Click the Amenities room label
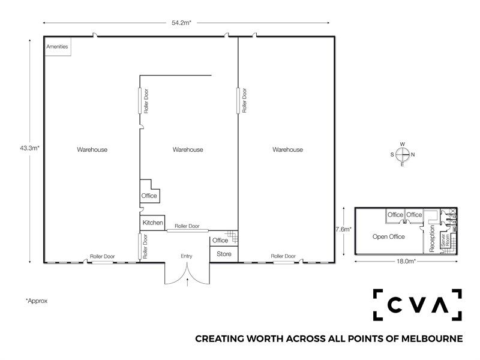coord(57,47)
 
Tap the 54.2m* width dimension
coord(181,23)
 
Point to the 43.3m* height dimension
coord(29,148)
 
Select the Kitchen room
coord(153,223)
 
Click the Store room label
coord(224,254)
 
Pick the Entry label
coord(187,256)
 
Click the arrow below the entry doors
coord(187,282)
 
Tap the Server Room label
coord(445,241)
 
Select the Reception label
coord(432,239)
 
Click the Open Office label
coord(389,236)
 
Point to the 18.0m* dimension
coord(406,262)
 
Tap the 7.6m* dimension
coord(343,229)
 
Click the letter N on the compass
coord(413,155)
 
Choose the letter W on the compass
coord(403,144)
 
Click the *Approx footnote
coord(37,301)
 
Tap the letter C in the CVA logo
coord(395,305)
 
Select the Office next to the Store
coord(220,241)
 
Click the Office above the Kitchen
coord(149,196)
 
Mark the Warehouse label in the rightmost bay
coord(288,149)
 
